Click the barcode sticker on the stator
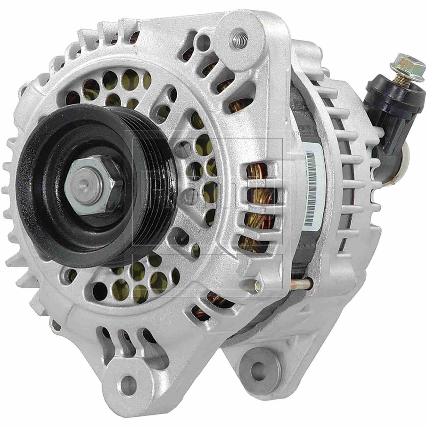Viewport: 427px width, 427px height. (x=313, y=182)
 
